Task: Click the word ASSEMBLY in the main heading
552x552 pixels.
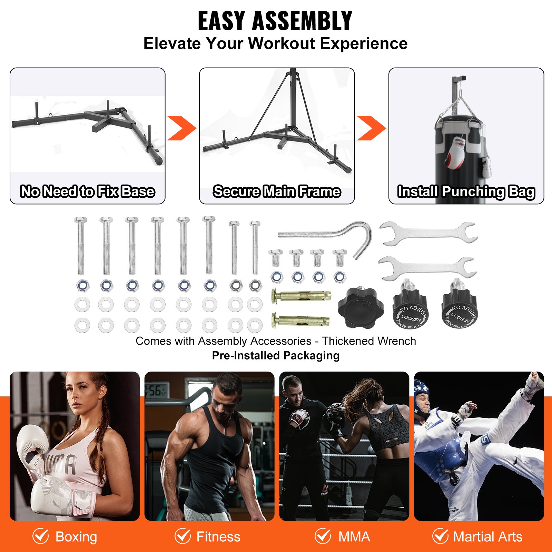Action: click(302, 21)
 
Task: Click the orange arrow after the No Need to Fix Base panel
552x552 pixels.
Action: click(181, 128)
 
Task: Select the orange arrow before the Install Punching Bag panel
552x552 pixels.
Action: click(371, 128)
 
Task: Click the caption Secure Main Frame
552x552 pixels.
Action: click(277, 191)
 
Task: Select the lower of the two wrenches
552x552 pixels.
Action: click(428, 268)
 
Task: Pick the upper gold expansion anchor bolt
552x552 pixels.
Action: click(301, 296)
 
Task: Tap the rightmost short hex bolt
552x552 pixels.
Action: click(339, 258)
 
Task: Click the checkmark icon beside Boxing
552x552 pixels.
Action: click(41, 536)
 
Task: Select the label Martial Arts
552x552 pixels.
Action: click(487, 537)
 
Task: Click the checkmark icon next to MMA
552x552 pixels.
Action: click(323, 536)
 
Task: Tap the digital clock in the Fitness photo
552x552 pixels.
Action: click(156, 391)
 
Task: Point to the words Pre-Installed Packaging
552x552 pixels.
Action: click(276, 355)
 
